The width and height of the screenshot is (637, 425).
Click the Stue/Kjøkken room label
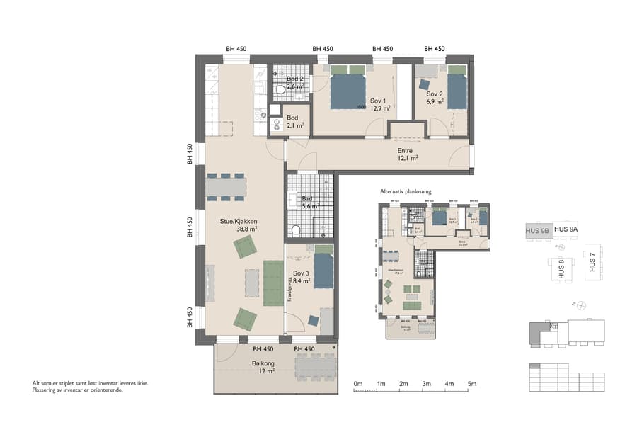(x=238, y=225)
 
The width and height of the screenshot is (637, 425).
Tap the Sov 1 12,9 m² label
(x=380, y=105)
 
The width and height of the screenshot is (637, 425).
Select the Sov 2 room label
(x=435, y=98)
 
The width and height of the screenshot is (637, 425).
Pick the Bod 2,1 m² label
(x=295, y=122)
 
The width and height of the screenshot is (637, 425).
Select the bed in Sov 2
(x=457, y=89)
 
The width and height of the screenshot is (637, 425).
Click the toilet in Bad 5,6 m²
(x=297, y=229)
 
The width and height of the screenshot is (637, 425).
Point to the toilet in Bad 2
(x=280, y=90)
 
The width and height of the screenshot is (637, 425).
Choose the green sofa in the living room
(x=273, y=283)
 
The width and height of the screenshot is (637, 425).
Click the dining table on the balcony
(x=314, y=366)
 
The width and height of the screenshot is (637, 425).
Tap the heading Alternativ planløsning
(x=406, y=191)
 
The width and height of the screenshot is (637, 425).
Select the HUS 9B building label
(x=537, y=230)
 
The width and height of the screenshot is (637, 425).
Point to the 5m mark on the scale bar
(x=472, y=384)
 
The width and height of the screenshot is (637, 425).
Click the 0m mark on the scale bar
(x=357, y=384)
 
